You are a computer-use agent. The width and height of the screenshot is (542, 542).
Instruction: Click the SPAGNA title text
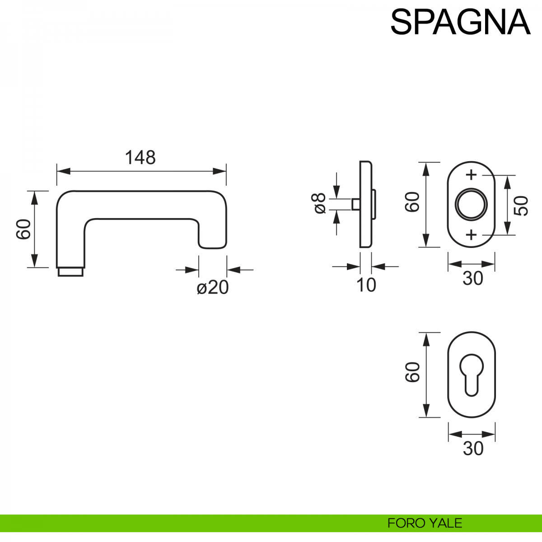[x=460, y=22]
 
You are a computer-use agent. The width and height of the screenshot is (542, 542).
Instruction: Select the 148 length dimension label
[x=140, y=158]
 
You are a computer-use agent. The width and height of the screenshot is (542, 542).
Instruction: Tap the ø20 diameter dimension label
[x=213, y=287]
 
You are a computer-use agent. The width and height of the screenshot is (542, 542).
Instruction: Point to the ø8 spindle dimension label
[x=319, y=203]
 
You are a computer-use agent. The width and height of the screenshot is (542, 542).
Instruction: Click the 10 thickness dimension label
[x=366, y=285]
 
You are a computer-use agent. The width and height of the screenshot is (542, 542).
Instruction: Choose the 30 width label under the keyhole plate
[x=472, y=449]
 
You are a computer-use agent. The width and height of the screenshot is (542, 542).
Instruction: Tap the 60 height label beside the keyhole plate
[x=413, y=373]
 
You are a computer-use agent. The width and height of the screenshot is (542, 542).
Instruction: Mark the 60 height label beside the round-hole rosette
[x=413, y=202]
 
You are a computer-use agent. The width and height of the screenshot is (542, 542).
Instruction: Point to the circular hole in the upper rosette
[x=471, y=204]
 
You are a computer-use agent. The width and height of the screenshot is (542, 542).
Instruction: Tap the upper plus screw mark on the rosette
[x=471, y=175]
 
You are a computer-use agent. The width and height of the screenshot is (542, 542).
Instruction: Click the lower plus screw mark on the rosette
[x=471, y=234]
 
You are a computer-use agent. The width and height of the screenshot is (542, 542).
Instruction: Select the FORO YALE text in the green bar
[x=425, y=523]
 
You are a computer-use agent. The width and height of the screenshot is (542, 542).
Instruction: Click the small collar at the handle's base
[x=70, y=272]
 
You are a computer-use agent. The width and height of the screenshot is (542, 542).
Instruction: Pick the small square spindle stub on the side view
[x=355, y=205]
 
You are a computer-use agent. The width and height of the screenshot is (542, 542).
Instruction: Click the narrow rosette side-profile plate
[x=365, y=205]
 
